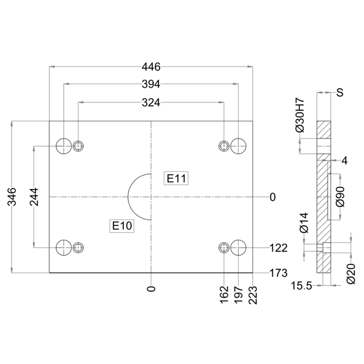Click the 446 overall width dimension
coord(151,67)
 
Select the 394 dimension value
coord(151,84)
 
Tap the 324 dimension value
coord(151,102)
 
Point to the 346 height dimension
coord(12,197)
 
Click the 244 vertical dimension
coord(34,197)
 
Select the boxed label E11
coord(176,178)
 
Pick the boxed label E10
coord(122,226)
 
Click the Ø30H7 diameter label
coord(300,116)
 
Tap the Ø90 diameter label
coord(340,197)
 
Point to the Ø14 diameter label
coord(304,222)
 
